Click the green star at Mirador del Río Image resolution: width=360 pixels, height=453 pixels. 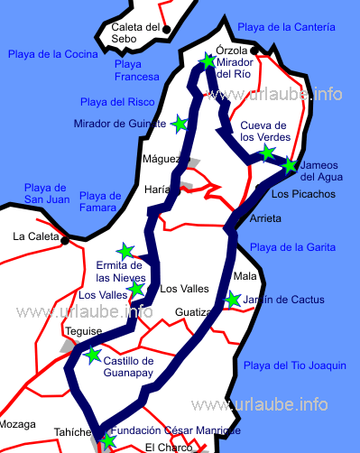pyautogui.click(x=209, y=61)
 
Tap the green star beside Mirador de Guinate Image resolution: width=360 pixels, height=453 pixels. pyautogui.click(x=180, y=123)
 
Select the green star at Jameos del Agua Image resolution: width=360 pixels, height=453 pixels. pyautogui.click(x=289, y=165)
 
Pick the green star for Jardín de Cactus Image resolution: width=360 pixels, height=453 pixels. pyautogui.click(x=233, y=300)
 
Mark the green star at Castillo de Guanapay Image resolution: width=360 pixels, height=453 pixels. pyautogui.click(x=93, y=356)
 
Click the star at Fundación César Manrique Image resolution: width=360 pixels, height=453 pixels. pyautogui.click(x=108, y=441)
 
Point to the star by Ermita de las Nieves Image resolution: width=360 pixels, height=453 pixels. pyautogui.click(x=125, y=251)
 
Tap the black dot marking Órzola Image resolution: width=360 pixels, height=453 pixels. pyautogui.click(x=256, y=51)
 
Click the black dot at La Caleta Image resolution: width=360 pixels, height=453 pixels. pyautogui.click(x=64, y=240)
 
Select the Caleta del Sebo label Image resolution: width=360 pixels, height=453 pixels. pyautogui.click(x=135, y=33)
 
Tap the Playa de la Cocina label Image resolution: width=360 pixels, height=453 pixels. pyautogui.click(x=51, y=54)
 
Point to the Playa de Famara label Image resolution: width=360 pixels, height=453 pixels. pyautogui.click(x=100, y=202)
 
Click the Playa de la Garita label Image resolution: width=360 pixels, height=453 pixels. pyautogui.click(x=292, y=247)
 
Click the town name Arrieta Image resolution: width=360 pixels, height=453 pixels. pyautogui.click(x=264, y=219)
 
